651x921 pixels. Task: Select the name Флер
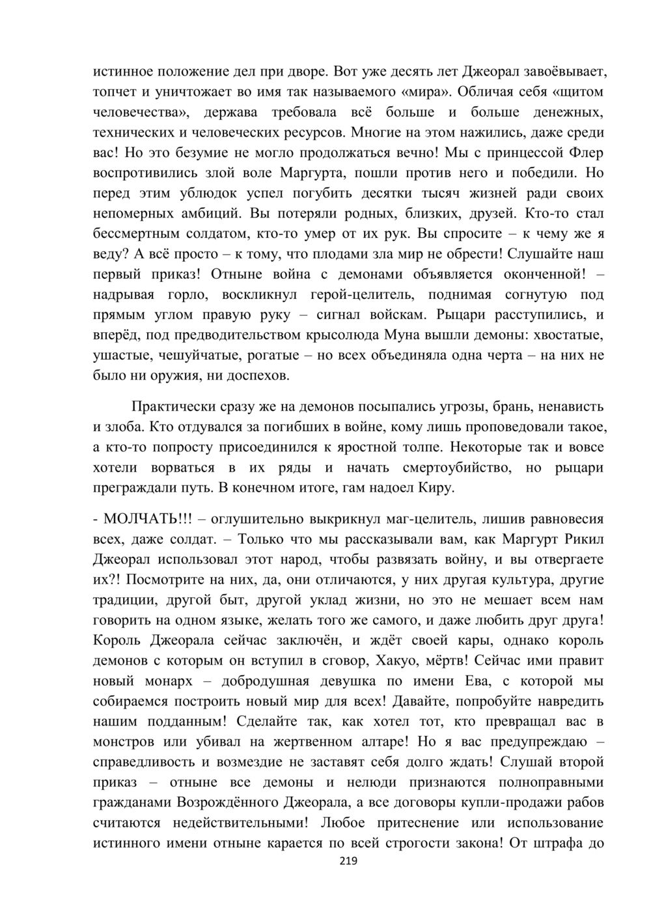586,153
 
